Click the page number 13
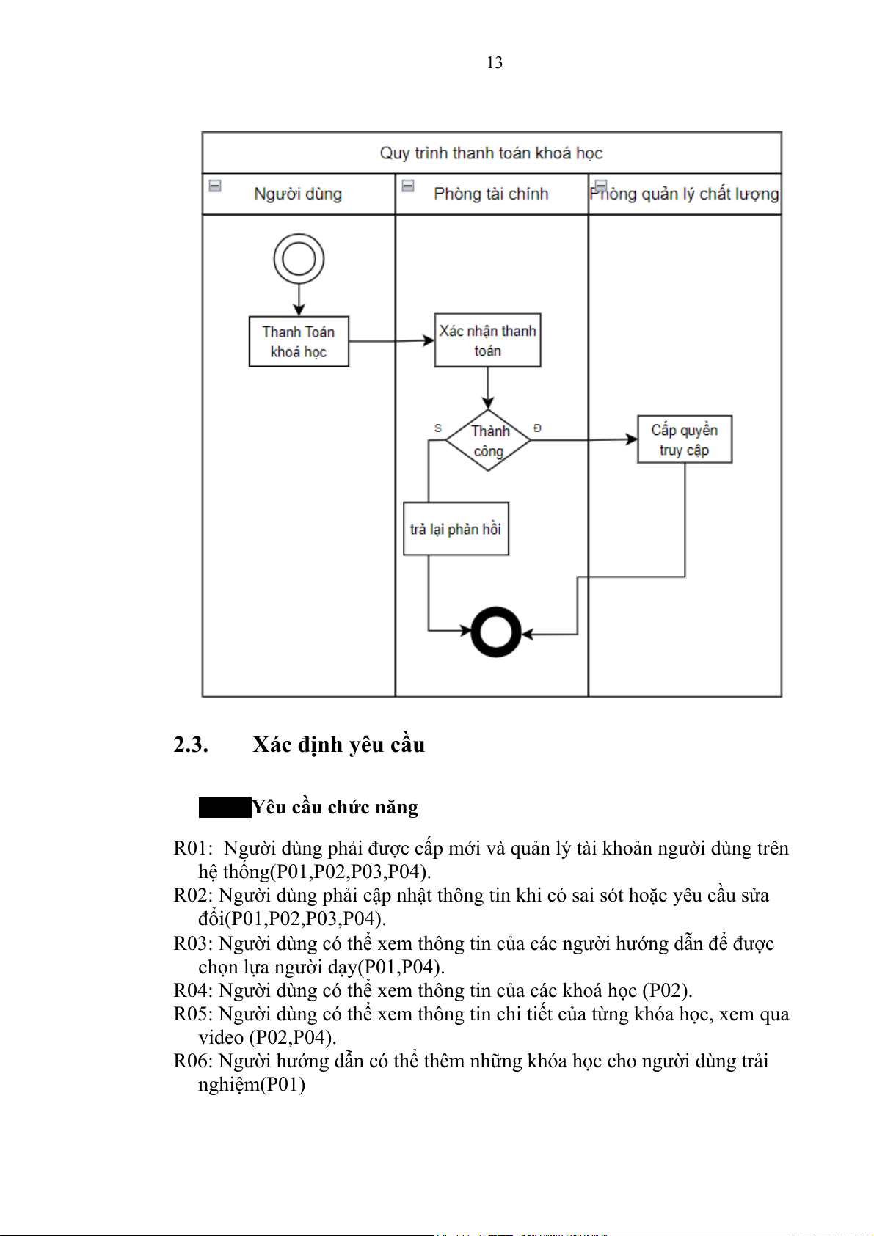(495, 63)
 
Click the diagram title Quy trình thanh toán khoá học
(491, 153)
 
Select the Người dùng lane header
(298, 194)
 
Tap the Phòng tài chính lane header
(491, 194)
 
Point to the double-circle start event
(299, 259)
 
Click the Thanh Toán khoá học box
(299, 342)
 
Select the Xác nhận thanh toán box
(488, 340)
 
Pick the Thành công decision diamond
(489, 440)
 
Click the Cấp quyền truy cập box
(684, 439)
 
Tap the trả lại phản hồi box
(456, 529)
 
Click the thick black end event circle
(496, 632)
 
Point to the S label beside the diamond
(438, 428)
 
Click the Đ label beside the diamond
(537, 428)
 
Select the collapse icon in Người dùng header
(215, 186)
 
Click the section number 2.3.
(191, 745)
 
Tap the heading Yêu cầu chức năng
(335, 807)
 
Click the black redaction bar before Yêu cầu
(225, 808)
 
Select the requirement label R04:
(193, 990)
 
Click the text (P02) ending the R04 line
(667, 990)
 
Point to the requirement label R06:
(193, 1061)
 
